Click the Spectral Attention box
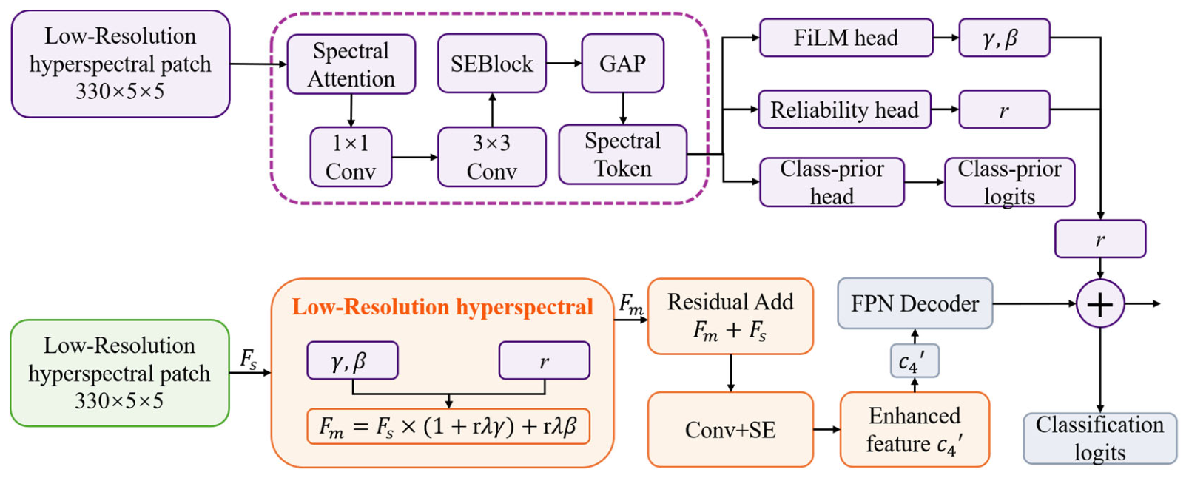(351, 64)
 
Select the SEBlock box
(491, 64)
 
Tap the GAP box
(623, 64)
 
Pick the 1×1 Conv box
(351, 157)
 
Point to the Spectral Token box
(623, 155)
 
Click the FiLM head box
(846, 38)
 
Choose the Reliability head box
(844, 110)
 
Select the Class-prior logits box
(1010, 182)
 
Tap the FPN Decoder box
(915, 303)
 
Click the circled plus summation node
(1100, 304)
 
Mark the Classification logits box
(1099, 438)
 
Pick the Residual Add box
(730, 316)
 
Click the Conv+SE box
(730, 430)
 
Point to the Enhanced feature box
(915, 430)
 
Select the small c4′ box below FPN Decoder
(915, 360)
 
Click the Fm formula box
(448, 426)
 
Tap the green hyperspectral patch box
(120, 373)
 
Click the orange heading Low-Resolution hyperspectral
(442, 307)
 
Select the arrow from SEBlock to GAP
(564, 63)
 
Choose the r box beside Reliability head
(1004, 110)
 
